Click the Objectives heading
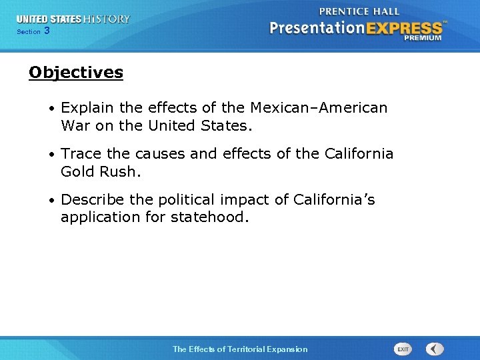[76, 73]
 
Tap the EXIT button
[403, 349]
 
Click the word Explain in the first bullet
[87, 108]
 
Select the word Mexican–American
[317, 108]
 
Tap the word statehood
[209, 217]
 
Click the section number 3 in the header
[47, 31]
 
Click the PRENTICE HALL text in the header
[359, 11]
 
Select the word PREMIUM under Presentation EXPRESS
[422, 38]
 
